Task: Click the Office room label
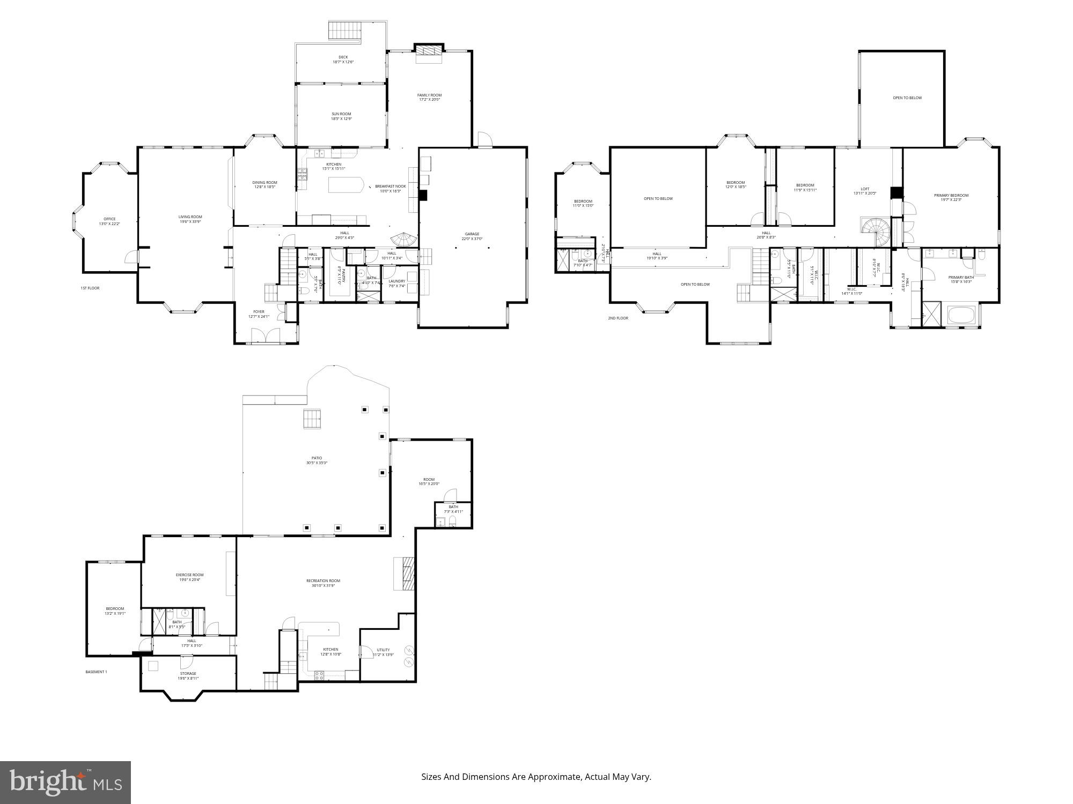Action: pos(109,219)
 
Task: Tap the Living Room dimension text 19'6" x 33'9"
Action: pos(190,221)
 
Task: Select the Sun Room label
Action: pos(341,114)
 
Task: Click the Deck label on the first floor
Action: pos(343,57)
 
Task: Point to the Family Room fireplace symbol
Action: pos(429,50)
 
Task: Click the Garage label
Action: pos(472,234)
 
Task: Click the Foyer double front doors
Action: pos(266,336)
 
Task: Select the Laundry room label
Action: pos(396,281)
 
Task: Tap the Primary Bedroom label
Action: pos(951,195)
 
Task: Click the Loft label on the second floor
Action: pos(865,189)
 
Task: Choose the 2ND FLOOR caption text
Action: pos(618,318)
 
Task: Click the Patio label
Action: pos(317,458)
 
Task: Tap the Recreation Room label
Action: pos(323,580)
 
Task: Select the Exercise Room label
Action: pos(189,575)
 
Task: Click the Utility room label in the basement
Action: pos(383,650)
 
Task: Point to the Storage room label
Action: pos(188,673)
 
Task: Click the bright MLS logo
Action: pos(65,782)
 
